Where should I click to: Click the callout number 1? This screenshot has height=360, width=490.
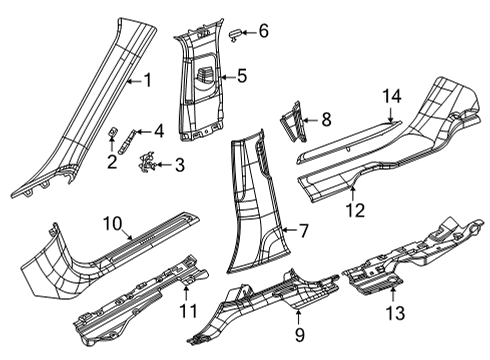click(146, 81)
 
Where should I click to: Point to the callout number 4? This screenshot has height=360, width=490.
click(157, 130)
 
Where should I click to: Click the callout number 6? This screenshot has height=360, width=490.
click(263, 31)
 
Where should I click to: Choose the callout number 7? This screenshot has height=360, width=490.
click(302, 231)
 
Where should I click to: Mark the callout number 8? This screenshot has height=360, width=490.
click(325, 119)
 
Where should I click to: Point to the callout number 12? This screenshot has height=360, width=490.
click(352, 209)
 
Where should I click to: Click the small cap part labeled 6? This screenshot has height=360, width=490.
click(237, 34)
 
